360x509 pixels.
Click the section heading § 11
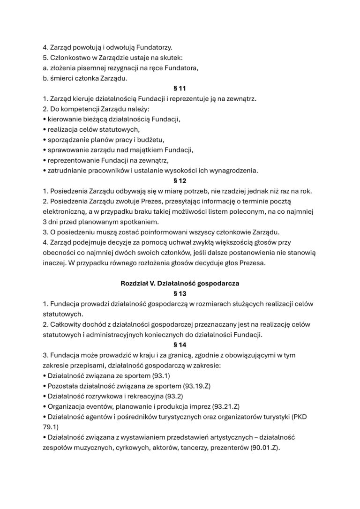[180, 88]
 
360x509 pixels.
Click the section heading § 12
[180, 180]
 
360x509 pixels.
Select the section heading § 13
[180, 294]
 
